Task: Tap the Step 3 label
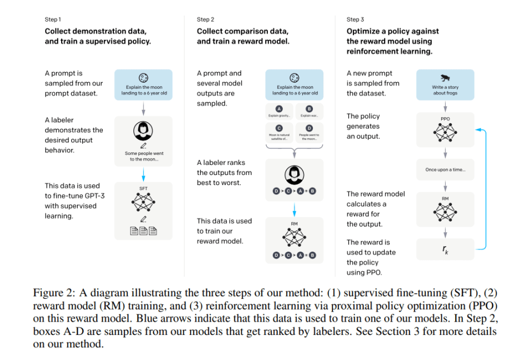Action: tap(354, 20)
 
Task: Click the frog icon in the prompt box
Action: tap(445, 78)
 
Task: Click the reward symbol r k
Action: tap(445, 249)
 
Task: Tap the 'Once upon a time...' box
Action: tap(445, 169)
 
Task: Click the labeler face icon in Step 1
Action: tap(143, 131)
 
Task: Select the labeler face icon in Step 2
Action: tap(294, 174)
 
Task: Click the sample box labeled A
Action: tap(279, 112)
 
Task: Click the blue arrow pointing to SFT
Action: tap(143, 175)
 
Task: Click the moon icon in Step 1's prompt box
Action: tap(143, 78)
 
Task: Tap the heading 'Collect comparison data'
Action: tap(242, 31)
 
